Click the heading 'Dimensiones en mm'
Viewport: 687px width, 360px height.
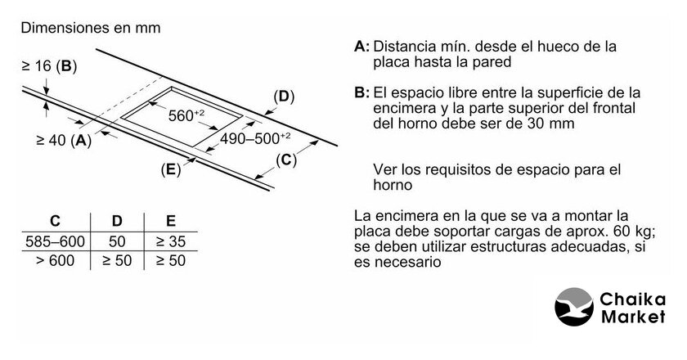[91, 28]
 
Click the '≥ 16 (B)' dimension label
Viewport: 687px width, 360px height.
[49, 65]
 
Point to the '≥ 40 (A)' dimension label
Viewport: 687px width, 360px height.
[64, 140]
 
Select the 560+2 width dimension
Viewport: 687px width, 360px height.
[186, 115]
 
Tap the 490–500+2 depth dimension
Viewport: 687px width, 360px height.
[255, 138]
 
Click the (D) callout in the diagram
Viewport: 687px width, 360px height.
[284, 97]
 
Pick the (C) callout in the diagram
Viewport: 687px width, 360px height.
[286, 160]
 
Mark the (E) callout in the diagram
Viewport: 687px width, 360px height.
[170, 169]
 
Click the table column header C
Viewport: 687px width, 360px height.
[56, 221]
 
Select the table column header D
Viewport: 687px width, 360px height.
[117, 221]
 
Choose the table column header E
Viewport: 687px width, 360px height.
[171, 221]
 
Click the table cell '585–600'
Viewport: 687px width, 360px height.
[56, 241]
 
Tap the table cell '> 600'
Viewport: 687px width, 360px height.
[56, 260]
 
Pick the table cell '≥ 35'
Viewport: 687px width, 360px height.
[171, 241]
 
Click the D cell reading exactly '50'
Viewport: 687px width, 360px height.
[117, 241]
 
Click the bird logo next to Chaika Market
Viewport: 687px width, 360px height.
[574, 307]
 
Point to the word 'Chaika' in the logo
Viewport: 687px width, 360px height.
[633, 299]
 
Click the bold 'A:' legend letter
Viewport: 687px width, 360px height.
[361, 47]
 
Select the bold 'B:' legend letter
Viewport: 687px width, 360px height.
[361, 93]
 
